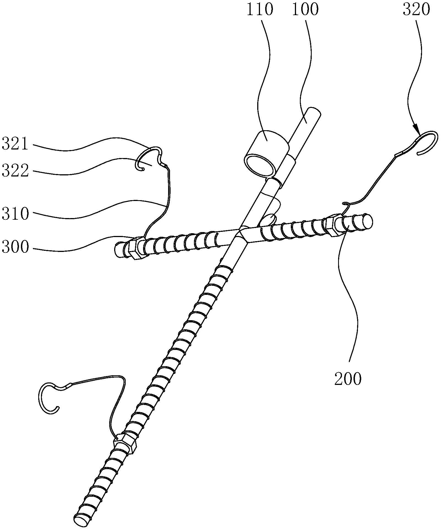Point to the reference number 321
click(15, 145)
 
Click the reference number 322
click(15, 172)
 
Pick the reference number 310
click(15, 214)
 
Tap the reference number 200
click(348, 379)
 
